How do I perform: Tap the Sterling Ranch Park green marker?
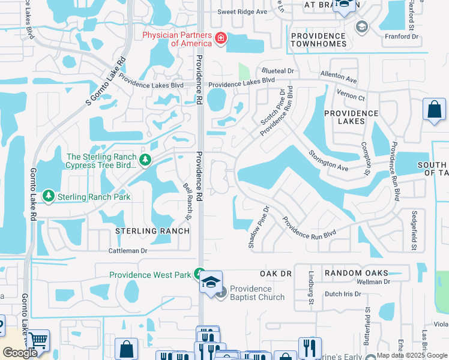48,196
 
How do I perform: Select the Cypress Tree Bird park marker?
145,160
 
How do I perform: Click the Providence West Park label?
150,275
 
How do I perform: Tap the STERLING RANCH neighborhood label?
152,231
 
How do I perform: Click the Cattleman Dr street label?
128,251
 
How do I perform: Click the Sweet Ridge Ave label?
242,11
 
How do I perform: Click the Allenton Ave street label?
339,77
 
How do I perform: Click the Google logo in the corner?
20,353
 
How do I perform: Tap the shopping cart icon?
38,341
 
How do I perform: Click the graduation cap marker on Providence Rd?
211,282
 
